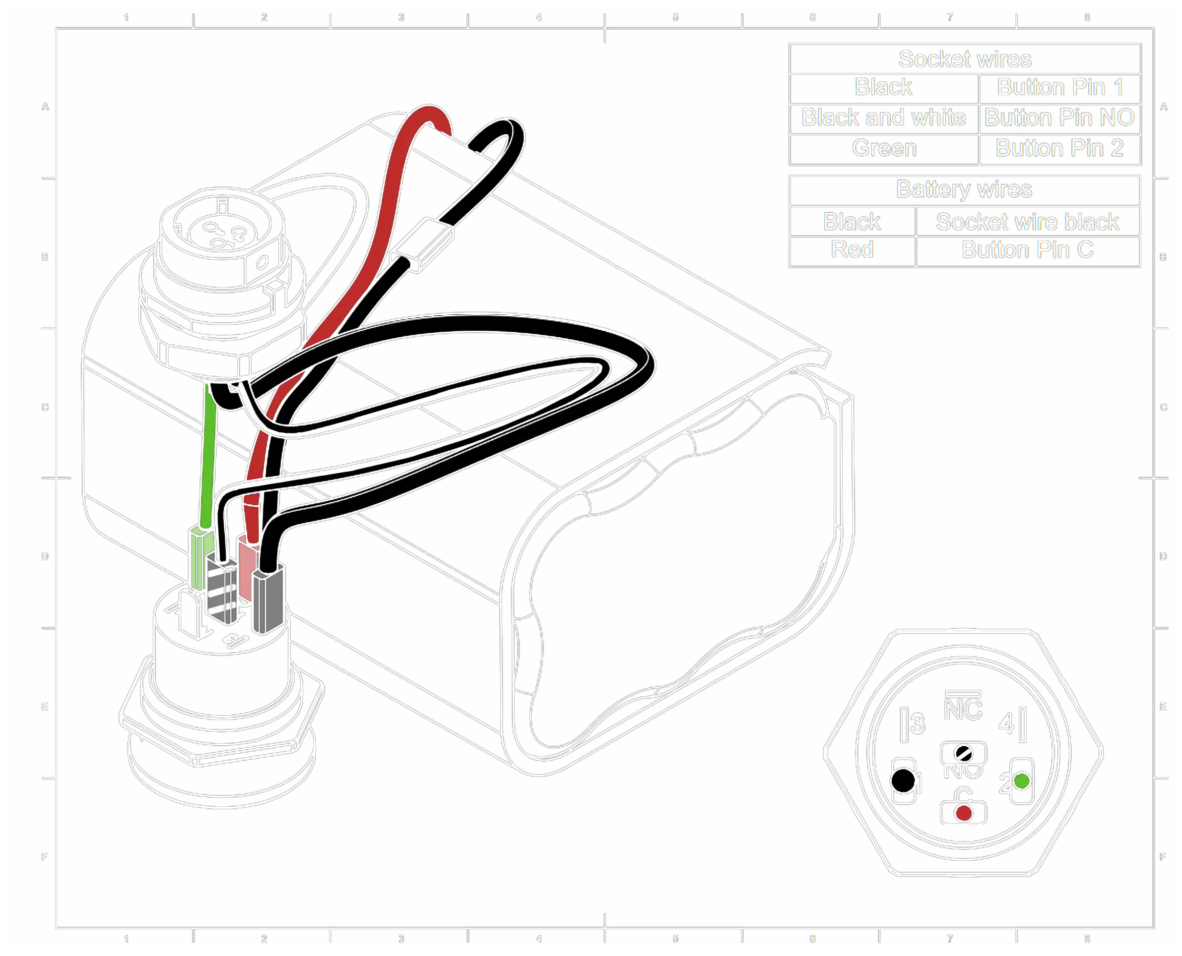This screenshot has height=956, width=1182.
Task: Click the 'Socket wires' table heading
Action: tap(964, 59)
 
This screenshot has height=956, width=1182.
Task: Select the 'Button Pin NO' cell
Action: tap(1059, 118)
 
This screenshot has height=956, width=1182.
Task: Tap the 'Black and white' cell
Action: tap(883, 118)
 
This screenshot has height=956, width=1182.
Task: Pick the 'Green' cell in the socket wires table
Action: tap(884, 148)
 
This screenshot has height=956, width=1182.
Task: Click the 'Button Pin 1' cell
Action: tap(1059, 87)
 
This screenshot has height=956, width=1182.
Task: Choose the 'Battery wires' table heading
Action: tap(964, 189)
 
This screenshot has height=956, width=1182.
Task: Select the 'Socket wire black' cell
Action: tap(1027, 222)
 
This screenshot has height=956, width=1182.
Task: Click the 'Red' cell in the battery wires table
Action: tap(852, 250)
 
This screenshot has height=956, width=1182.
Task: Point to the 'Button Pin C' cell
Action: tap(1027, 250)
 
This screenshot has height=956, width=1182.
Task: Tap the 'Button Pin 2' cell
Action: tap(1059, 148)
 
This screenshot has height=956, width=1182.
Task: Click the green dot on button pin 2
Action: tap(1022, 781)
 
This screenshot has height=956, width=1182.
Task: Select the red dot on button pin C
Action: tap(963, 813)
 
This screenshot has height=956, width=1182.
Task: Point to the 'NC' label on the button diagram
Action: tap(963, 709)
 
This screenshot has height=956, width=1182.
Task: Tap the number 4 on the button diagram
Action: tap(1006, 723)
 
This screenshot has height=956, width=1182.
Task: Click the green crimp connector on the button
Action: tap(200, 556)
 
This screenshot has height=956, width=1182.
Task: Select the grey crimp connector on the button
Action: tap(268, 600)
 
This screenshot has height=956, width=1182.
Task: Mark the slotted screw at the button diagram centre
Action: tap(963, 752)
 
